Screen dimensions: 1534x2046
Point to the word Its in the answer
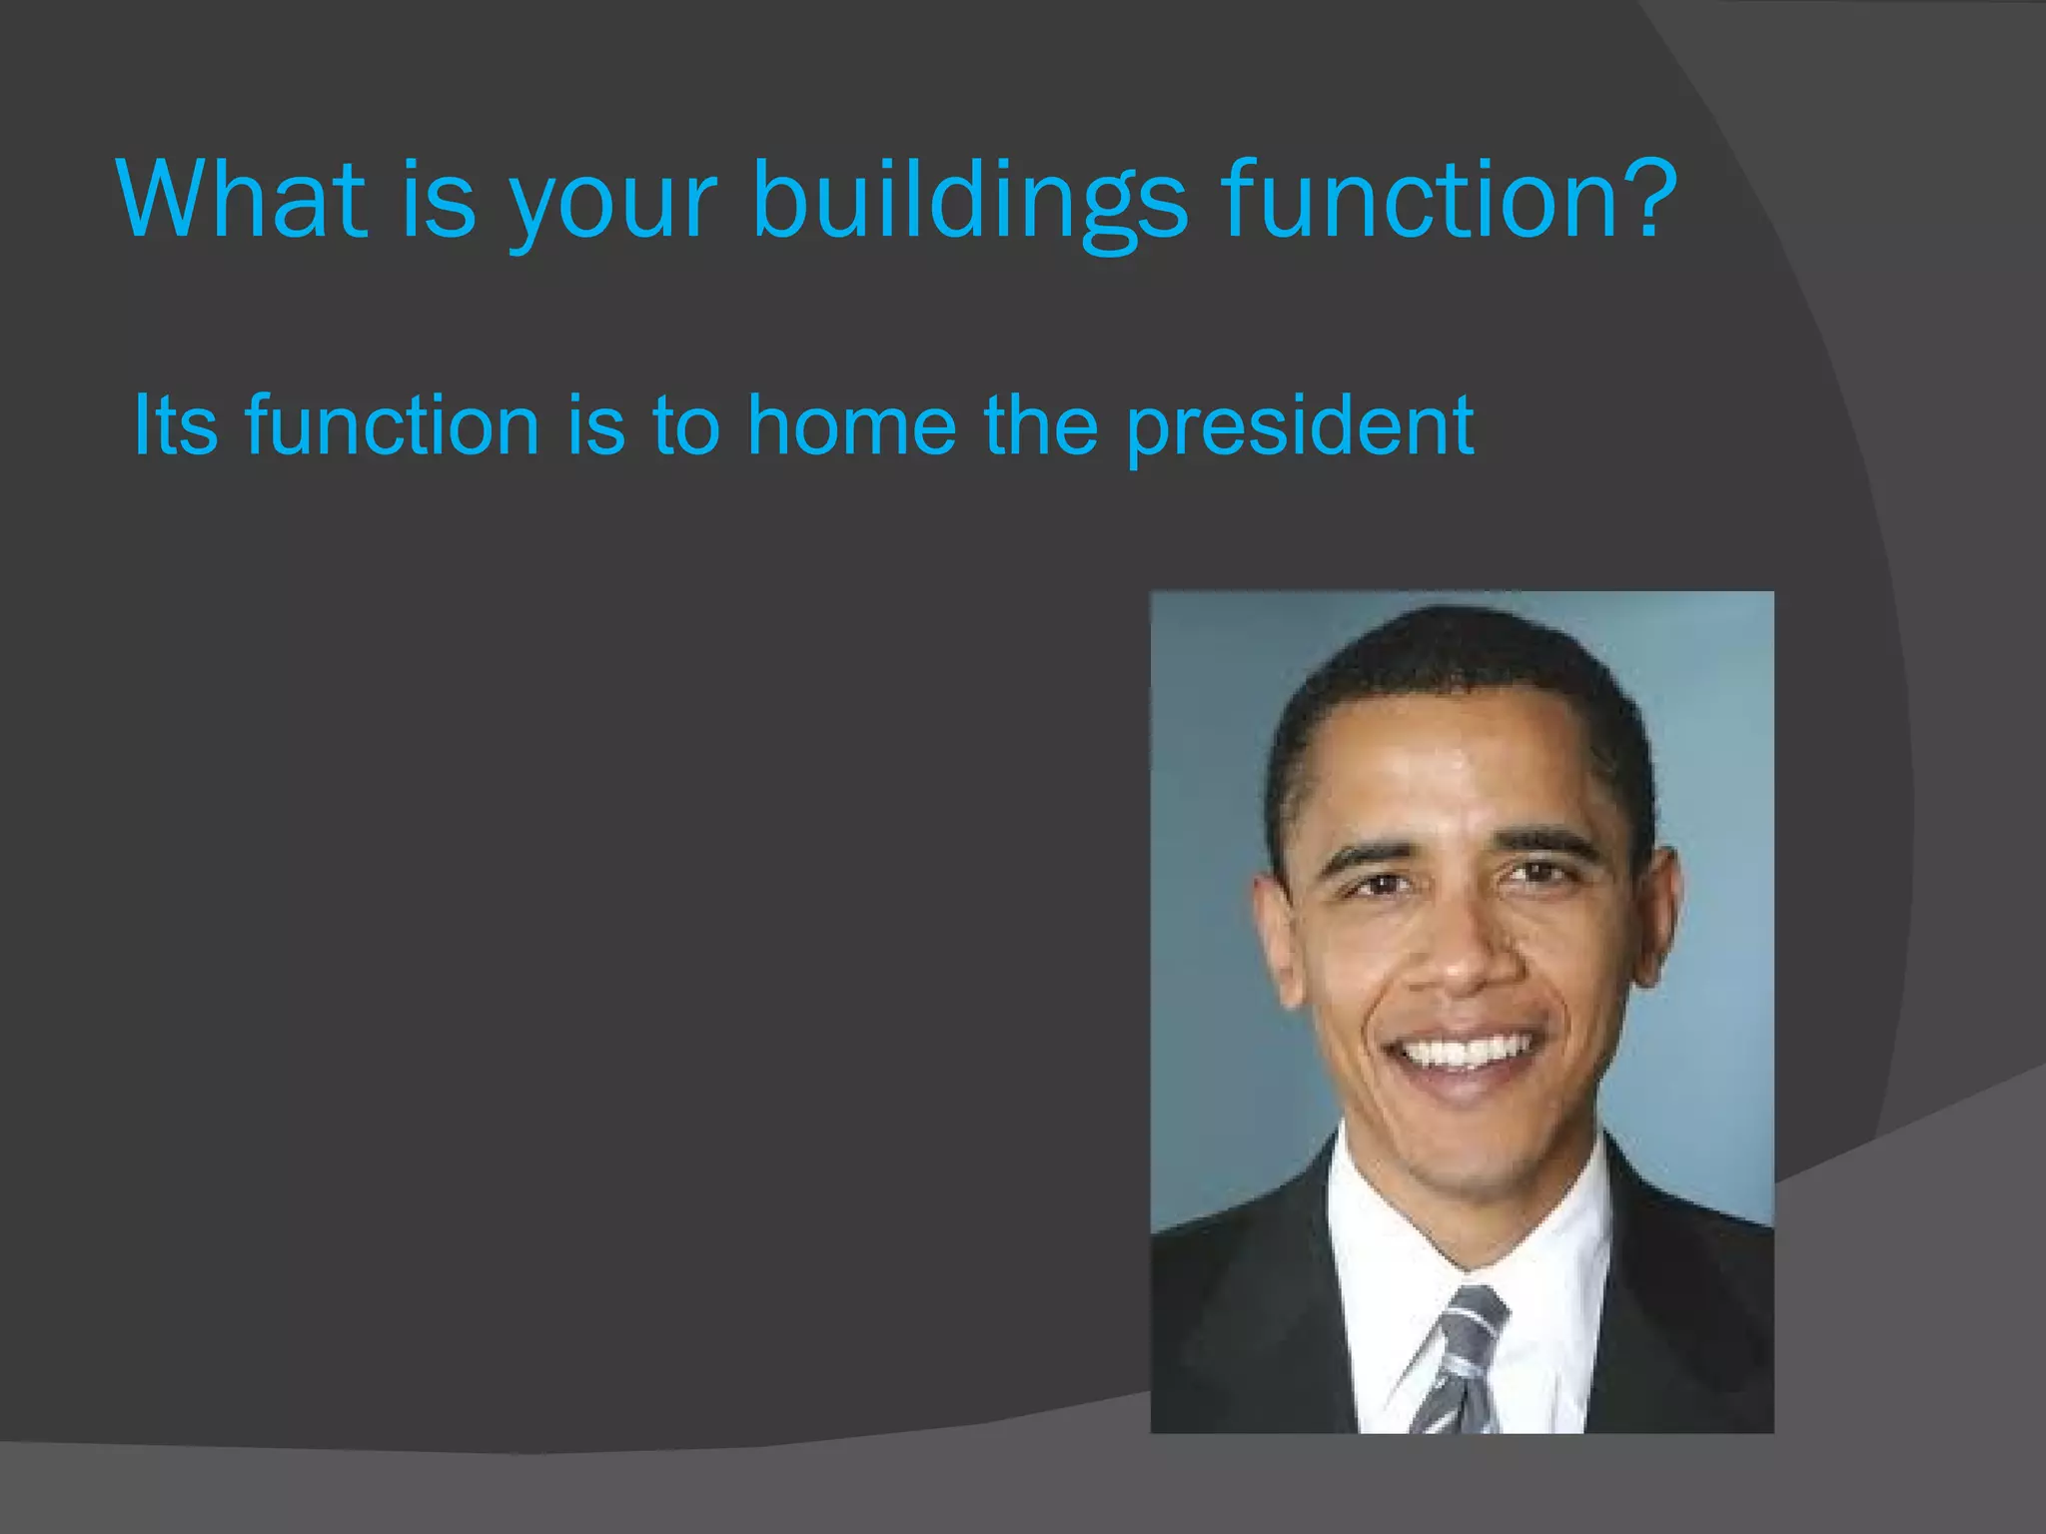(175, 424)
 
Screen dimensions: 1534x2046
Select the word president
(1299, 427)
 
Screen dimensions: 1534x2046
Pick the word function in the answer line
(392, 424)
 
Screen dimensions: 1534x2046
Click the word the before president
(1040, 424)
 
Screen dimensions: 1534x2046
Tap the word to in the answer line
(685, 424)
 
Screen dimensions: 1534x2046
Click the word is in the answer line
(595, 424)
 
